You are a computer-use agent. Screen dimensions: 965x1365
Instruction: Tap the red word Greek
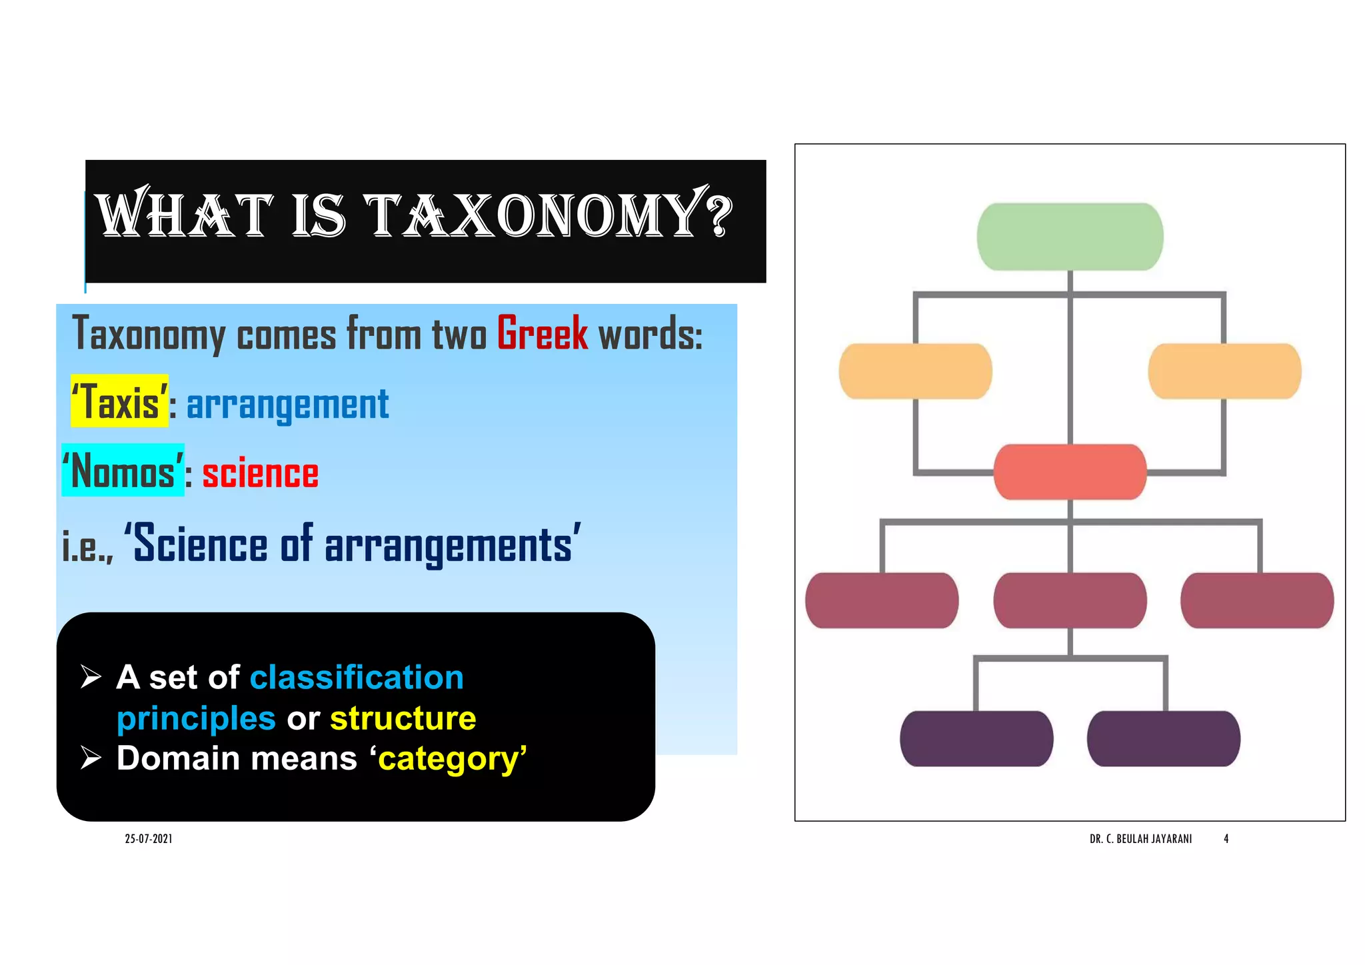coord(542,333)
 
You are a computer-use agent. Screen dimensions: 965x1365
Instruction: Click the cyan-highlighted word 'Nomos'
coord(123,471)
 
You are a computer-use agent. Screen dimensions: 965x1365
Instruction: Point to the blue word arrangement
coord(287,404)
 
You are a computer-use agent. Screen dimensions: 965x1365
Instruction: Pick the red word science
coord(261,474)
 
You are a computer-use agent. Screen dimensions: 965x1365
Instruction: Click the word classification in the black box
coord(357,678)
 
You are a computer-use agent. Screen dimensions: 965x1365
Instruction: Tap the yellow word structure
coord(403,718)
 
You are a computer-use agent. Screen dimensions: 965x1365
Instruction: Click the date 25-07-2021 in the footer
coord(149,839)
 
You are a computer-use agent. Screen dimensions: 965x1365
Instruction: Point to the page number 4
coord(1226,839)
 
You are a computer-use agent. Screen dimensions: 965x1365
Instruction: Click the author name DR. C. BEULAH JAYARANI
coord(1140,839)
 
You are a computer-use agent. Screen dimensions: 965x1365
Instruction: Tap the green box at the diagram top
coord(1070,237)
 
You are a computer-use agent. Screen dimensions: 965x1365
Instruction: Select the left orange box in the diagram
coord(915,371)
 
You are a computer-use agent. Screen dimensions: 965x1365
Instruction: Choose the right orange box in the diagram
coord(1224,371)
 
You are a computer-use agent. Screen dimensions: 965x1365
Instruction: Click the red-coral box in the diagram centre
coord(1070,472)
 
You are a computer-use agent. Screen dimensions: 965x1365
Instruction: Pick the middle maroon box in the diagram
coord(1070,600)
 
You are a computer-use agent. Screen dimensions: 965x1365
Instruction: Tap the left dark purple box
coord(976,738)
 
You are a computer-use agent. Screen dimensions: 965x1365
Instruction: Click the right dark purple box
coord(1163,738)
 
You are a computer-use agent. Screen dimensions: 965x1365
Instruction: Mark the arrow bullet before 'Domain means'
coord(91,758)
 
